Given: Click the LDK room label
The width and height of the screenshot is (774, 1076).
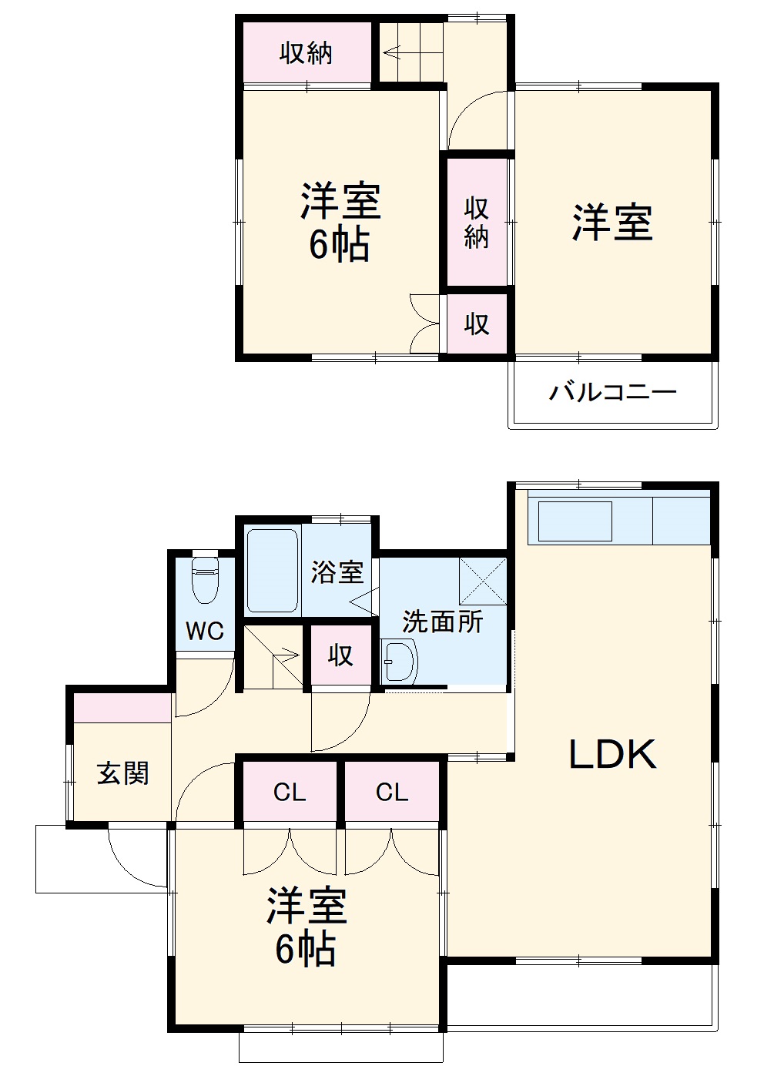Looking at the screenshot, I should point(612,755).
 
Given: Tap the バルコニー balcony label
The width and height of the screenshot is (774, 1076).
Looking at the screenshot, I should point(613,393).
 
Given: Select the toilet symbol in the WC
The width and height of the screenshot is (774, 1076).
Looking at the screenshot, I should point(205,581).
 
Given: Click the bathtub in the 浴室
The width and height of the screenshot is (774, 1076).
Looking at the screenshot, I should point(272,571).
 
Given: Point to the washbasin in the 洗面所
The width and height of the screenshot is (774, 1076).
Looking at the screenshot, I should point(399,661).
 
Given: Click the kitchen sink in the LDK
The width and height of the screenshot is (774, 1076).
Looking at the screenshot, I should point(575,521).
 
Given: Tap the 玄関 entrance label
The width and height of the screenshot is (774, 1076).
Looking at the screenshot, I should point(123,773).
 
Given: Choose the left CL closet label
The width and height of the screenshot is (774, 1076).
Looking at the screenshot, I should point(290,792).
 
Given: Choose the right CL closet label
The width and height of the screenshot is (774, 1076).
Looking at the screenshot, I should point(392,792).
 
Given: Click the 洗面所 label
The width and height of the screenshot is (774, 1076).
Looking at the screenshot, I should point(443,621).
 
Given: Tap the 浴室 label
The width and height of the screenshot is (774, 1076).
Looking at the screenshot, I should point(337,572).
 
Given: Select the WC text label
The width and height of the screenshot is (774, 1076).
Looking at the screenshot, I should point(205,632).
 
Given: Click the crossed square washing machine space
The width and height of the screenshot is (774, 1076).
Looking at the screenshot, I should point(483,581).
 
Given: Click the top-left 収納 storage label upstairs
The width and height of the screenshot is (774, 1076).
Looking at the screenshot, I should point(307,53).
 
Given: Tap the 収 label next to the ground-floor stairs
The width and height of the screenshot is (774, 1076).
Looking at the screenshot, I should point(340,655).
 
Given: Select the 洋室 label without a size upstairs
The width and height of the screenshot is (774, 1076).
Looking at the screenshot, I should point(612,223).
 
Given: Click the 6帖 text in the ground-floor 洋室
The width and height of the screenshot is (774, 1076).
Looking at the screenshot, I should point(306,949).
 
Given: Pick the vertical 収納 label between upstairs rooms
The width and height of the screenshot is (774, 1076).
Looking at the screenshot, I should point(477,223).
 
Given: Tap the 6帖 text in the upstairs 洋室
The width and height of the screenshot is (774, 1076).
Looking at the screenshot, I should point(340,244).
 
